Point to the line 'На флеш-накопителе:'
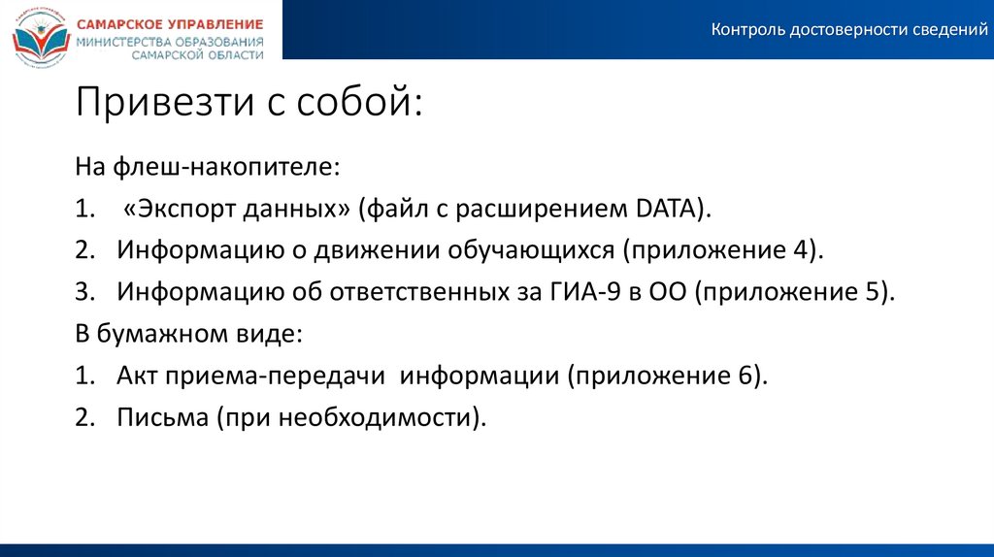208,166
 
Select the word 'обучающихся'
531,249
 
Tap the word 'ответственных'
414,291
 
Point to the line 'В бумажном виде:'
189,333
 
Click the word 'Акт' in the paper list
138,376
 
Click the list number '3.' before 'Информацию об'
85,291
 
